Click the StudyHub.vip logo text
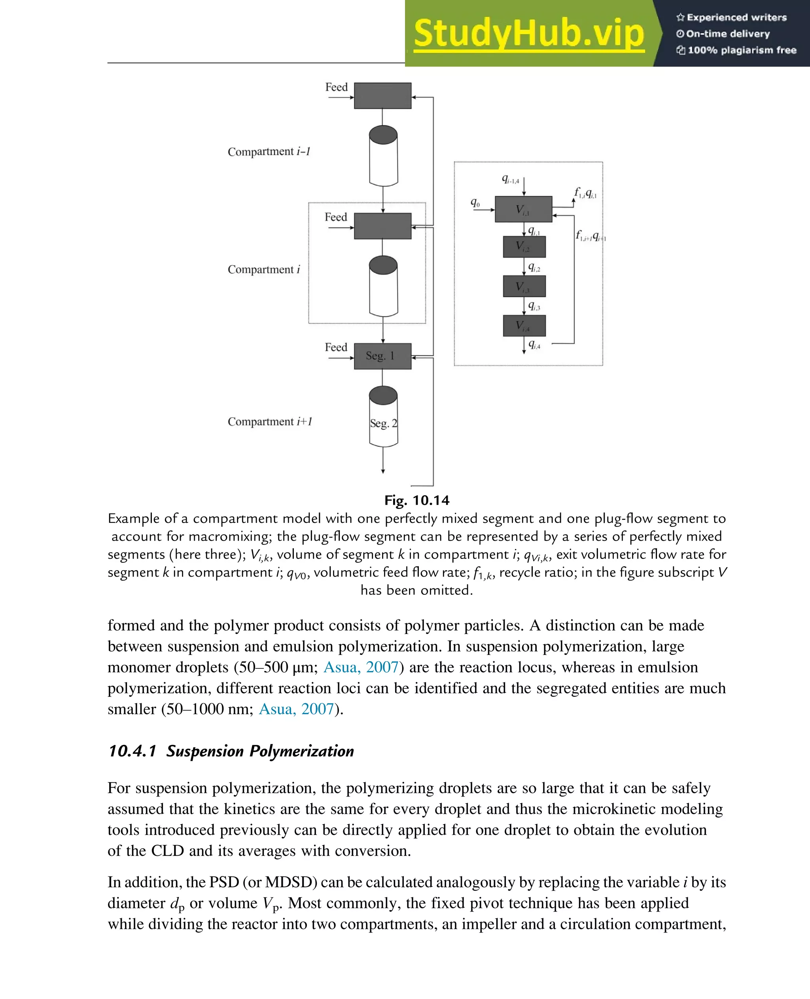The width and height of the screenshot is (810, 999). coord(529,34)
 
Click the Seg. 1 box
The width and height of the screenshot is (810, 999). coord(382,356)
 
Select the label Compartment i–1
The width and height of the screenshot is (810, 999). coord(269,151)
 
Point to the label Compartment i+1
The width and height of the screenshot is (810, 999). coord(270,422)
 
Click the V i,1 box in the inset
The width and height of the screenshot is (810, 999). coord(523,209)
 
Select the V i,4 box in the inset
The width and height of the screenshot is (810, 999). coord(524,326)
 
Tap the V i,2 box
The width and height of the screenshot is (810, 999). coord(524,247)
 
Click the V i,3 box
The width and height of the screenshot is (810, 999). coord(524,286)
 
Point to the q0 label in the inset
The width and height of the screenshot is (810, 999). coord(475,202)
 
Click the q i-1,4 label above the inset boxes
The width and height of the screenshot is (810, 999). coord(510,179)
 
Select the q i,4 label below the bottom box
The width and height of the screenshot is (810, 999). coord(534,345)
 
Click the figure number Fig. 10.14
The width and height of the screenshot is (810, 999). coord(416,500)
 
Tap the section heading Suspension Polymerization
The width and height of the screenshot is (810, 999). coord(260,751)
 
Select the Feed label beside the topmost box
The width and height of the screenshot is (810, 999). coord(337,87)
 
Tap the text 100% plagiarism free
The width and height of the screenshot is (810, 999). coord(742,50)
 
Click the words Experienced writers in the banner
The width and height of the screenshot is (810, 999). coord(736,18)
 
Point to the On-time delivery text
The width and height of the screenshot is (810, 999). coord(727,34)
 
